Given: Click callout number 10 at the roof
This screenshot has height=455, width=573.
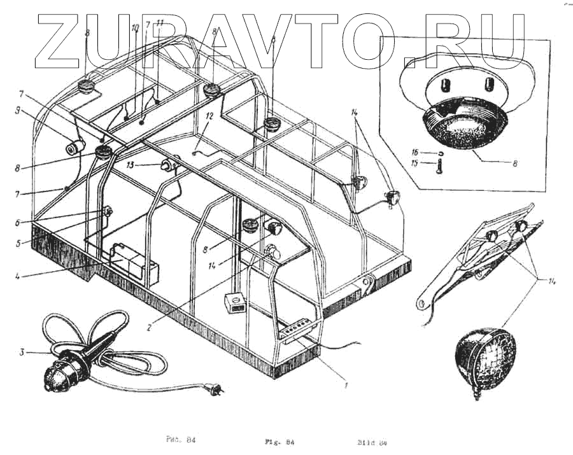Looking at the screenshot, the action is [x=135, y=29].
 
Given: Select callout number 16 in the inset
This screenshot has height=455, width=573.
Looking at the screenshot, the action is [x=414, y=153].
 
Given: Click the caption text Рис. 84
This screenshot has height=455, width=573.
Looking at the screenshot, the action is [x=174, y=440].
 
